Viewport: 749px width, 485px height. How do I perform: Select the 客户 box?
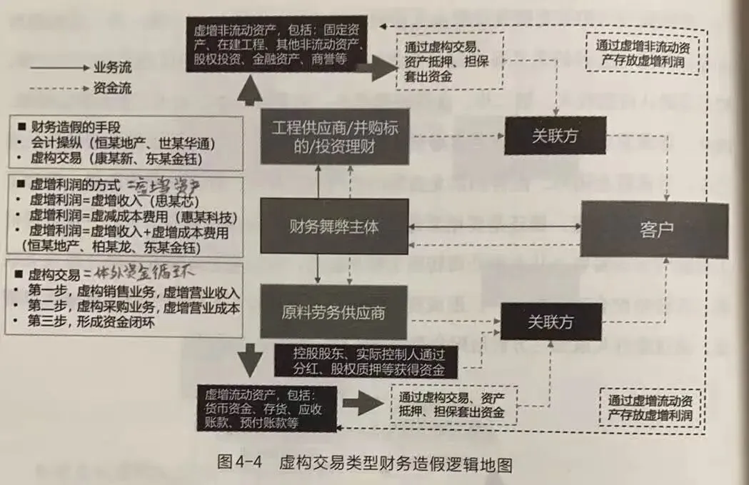(655, 230)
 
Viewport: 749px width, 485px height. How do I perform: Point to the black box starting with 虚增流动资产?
(269, 408)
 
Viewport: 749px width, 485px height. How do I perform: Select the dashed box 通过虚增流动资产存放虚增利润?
(648, 408)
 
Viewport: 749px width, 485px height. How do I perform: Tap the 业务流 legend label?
(112, 68)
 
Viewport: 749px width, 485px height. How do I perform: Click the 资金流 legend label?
(112, 89)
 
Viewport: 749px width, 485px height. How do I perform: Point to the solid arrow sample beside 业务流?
(59, 69)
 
